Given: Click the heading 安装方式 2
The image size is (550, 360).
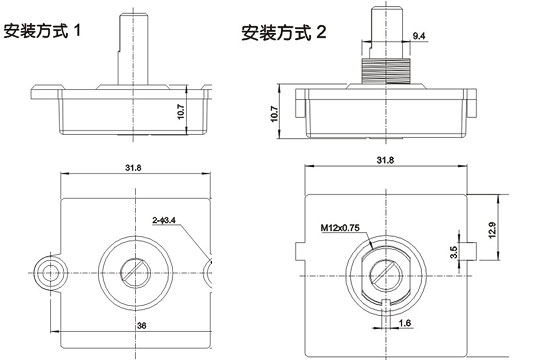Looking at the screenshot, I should (x=284, y=33).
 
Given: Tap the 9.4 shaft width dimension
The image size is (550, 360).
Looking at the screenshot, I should (x=419, y=36).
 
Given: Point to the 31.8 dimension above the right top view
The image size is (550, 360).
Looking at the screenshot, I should (x=385, y=160).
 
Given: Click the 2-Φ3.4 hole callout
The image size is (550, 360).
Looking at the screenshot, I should (x=165, y=218).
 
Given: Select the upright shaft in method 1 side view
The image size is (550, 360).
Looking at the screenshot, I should (x=132, y=45).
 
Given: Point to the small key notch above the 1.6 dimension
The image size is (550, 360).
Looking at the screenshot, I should (x=387, y=303).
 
